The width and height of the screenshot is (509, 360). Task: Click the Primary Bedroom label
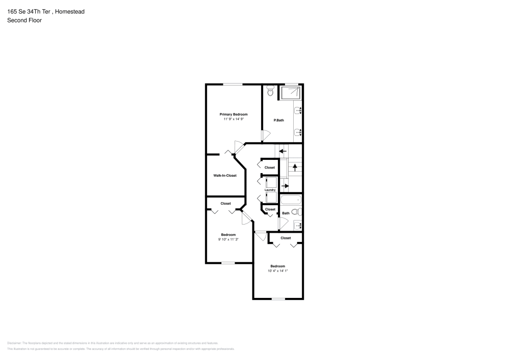click(234, 114)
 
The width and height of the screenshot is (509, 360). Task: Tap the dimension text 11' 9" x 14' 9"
click(234, 119)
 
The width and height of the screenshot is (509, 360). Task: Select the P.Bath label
click(278, 120)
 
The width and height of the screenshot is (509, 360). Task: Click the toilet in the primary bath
click(270, 92)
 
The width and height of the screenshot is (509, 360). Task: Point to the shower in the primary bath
click(290, 93)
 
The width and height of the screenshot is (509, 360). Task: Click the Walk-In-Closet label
click(224, 176)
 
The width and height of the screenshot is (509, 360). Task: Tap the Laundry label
click(270, 190)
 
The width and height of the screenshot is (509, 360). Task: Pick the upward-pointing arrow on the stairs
click(295, 167)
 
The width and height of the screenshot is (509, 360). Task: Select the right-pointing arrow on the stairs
click(285, 186)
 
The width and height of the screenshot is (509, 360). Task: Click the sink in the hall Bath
click(298, 225)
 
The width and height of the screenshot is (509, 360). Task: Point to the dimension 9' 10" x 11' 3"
click(228, 239)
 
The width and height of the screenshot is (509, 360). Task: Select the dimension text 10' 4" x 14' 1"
click(277, 271)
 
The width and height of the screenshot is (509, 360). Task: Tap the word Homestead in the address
click(70, 11)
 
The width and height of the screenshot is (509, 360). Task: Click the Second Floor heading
click(24, 20)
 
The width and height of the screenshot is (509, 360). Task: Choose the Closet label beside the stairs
click(269, 168)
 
